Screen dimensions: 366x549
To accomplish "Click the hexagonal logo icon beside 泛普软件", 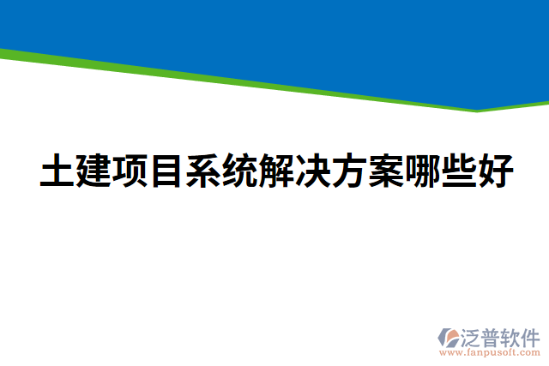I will (x=449, y=337).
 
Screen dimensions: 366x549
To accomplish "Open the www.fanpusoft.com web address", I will (x=490, y=352).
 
